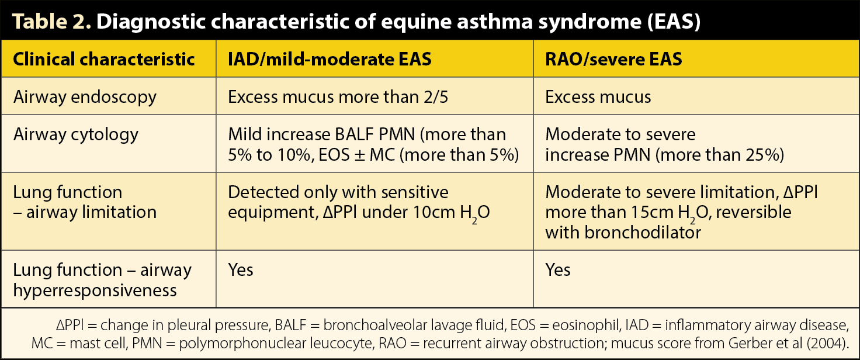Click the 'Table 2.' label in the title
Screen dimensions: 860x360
(x=51, y=21)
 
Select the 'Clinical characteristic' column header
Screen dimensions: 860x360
(x=103, y=59)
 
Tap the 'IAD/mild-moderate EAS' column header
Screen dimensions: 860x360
(x=330, y=59)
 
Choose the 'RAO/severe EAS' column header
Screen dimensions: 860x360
(x=613, y=59)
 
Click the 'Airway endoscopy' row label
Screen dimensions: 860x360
(x=85, y=97)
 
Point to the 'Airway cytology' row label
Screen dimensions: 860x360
(x=75, y=134)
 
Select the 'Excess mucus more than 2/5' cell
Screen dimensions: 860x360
(x=338, y=97)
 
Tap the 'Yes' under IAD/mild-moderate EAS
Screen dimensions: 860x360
(x=240, y=270)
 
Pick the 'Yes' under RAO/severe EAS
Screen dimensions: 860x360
(x=557, y=270)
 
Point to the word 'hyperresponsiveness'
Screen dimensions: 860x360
(x=95, y=290)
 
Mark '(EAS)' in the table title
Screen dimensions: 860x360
(x=674, y=22)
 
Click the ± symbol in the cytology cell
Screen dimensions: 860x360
(x=359, y=155)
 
